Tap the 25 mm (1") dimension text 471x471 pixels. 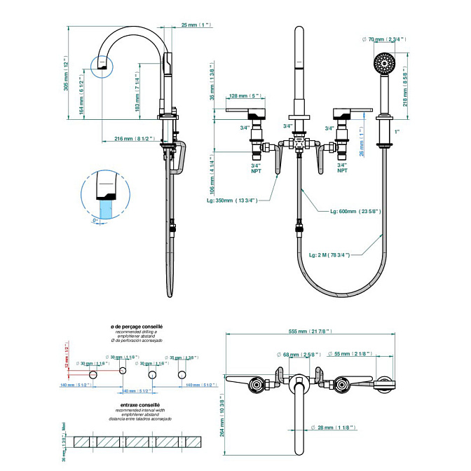pos(196,25)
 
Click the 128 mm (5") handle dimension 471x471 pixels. pos(245,96)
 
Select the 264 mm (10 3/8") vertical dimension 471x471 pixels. pos(222,415)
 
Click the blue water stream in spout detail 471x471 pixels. pos(107,210)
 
